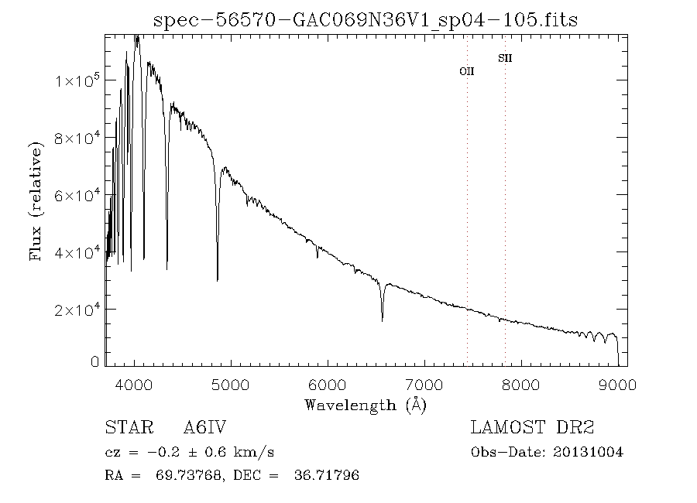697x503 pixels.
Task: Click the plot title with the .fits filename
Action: click(366, 20)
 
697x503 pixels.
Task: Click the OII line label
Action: click(467, 70)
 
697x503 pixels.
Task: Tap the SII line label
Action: click(505, 58)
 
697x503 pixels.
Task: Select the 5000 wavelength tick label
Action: click(231, 385)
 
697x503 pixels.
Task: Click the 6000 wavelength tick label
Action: click(328, 385)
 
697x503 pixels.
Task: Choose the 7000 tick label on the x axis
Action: click(424, 385)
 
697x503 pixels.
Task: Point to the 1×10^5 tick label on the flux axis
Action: click(77, 80)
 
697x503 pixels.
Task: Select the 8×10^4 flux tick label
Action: click(77, 138)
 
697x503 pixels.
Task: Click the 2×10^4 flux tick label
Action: click(77, 310)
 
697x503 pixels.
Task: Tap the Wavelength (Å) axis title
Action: click(366, 405)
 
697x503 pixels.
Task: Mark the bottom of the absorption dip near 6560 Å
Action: click(383, 320)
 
